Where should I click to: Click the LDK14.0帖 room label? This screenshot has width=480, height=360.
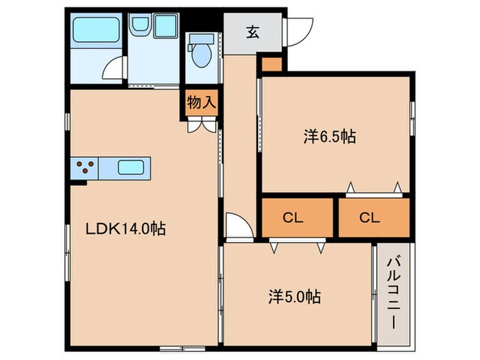125,230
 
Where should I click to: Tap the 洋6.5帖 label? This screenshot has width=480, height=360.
329,137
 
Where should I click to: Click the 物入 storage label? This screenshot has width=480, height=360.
202,104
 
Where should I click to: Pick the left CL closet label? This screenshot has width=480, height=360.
293,218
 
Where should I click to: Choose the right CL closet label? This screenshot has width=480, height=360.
370,218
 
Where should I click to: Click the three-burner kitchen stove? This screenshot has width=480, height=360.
85,168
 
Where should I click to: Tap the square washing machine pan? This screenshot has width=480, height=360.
165,27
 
